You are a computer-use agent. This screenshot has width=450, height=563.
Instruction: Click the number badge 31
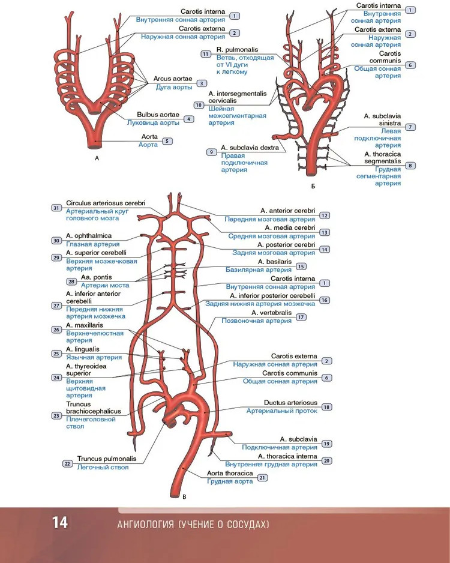click(56, 208)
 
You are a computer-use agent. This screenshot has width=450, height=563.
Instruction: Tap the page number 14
click(60, 523)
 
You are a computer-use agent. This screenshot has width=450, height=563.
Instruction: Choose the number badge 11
click(206, 54)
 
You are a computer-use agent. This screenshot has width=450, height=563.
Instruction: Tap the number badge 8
click(410, 165)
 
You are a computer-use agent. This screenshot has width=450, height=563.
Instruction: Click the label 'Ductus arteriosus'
click(290, 403)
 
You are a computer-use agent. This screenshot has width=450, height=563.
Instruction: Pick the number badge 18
click(327, 407)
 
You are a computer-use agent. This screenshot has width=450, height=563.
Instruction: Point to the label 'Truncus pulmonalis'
click(107, 459)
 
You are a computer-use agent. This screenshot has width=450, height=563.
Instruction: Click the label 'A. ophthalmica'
click(89, 236)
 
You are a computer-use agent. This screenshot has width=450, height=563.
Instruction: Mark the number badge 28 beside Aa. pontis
click(71, 281)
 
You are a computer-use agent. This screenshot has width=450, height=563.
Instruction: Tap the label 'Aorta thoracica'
click(230, 473)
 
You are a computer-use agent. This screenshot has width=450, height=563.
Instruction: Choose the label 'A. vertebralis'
click(271, 313)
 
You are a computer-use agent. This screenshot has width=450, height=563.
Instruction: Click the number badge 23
click(56, 415)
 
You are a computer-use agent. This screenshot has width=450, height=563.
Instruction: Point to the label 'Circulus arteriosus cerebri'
click(106, 203)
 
